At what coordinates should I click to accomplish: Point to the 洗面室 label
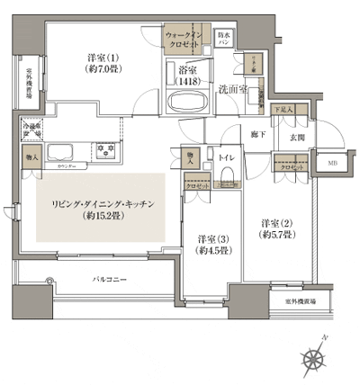(233, 88)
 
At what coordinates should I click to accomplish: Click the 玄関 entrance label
(294, 136)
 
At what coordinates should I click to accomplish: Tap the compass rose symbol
(313, 359)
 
